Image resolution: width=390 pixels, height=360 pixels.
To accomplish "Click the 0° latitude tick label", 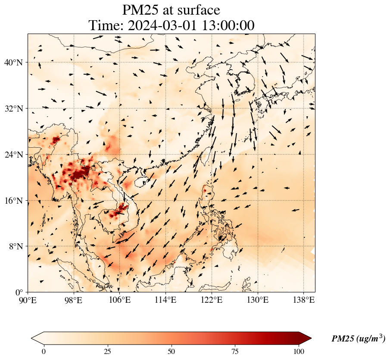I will tap(19, 292).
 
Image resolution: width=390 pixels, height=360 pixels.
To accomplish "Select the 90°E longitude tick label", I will tap(28, 300).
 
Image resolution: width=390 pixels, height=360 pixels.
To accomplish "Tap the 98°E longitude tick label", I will tap(74, 300).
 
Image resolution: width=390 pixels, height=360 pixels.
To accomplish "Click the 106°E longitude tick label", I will tap(119, 300).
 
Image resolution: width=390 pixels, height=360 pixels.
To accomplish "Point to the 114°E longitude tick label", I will tap(165, 300).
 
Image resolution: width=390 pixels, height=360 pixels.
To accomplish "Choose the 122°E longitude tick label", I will tap(212, 300).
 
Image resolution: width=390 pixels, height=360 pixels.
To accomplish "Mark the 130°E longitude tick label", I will tap(257, 300).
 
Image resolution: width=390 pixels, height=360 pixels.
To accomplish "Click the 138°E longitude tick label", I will tap(303, 300).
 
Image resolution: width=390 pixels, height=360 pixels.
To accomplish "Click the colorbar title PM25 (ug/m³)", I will tap(358, 339).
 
